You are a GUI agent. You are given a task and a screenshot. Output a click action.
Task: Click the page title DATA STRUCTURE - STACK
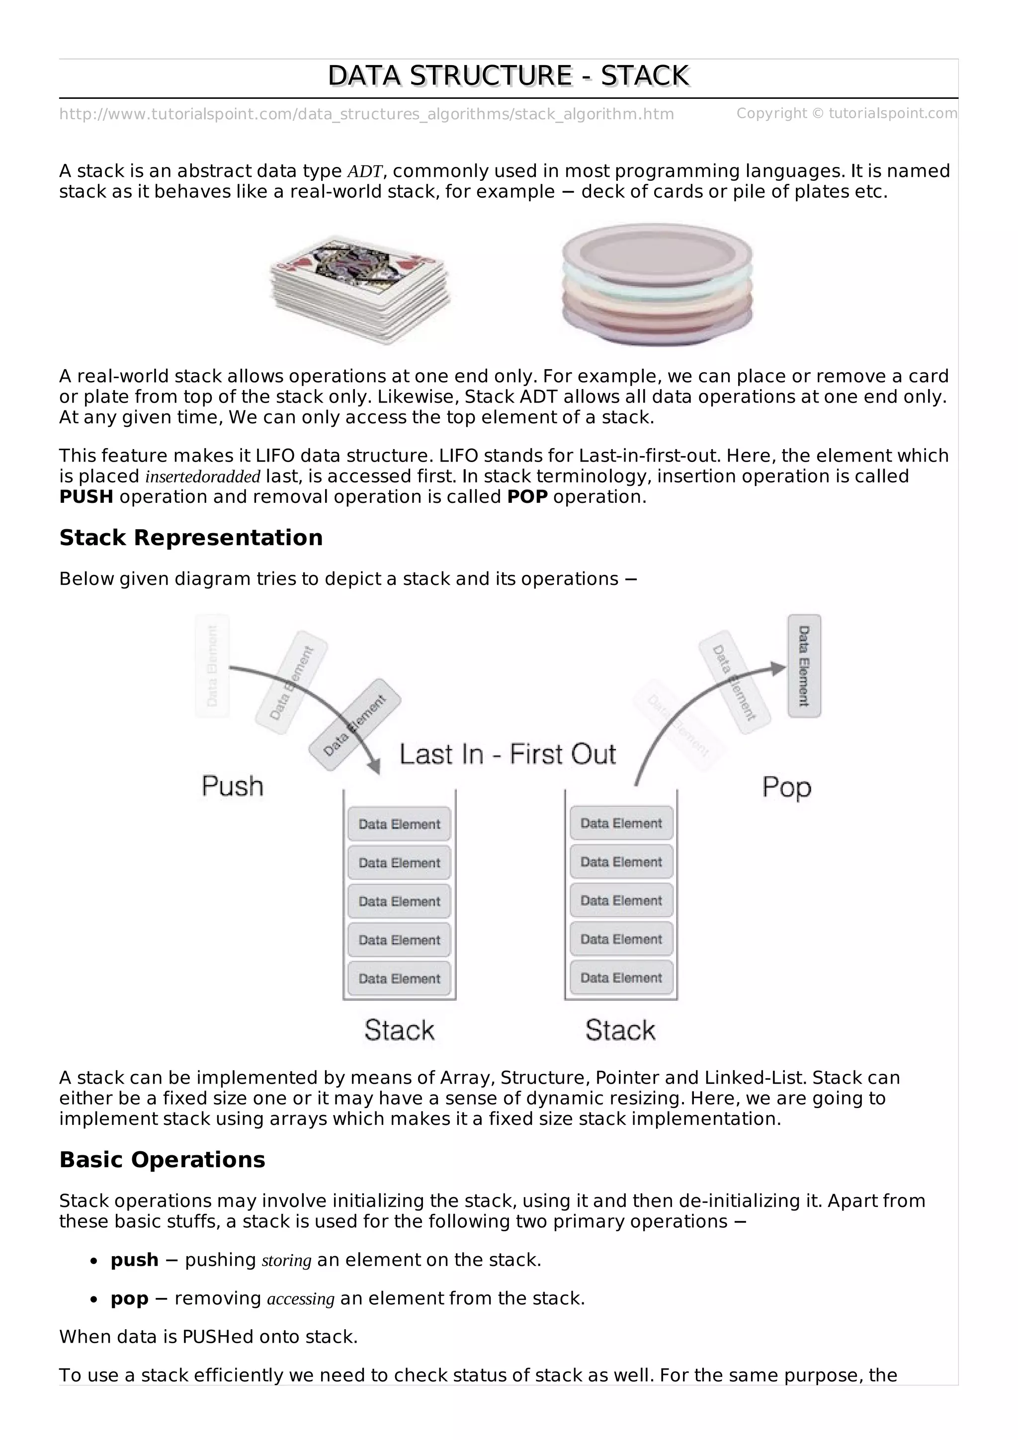[x=508, y=76]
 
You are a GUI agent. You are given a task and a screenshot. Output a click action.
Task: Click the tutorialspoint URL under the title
[x=366, y=114]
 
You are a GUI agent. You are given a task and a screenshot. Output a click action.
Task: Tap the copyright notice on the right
[x=846, y=113]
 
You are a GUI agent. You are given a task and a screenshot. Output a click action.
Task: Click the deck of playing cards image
[x=360, y=289]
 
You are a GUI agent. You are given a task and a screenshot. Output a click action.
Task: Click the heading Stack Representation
[x=191, y=538]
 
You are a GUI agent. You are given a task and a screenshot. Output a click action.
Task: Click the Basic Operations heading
[x=162, y=1160]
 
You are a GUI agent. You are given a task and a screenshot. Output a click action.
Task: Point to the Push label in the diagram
[x=232, y=786]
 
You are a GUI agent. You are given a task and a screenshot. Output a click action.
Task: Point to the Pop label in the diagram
[x=786, y=787]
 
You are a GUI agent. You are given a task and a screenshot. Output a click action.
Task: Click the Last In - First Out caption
[x=508, y=754]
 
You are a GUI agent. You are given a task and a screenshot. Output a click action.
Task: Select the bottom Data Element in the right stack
[x=621, y=978]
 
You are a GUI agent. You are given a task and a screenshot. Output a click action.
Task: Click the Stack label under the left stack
[x=400, y=1030]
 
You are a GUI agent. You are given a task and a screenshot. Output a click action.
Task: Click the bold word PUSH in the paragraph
[x=86, y=497]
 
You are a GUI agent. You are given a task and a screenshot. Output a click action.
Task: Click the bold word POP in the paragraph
[x=527, y=497]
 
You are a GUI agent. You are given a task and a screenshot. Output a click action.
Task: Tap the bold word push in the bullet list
[x=134, y=1260]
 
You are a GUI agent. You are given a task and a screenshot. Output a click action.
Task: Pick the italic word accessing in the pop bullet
[x=300, y=1299]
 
